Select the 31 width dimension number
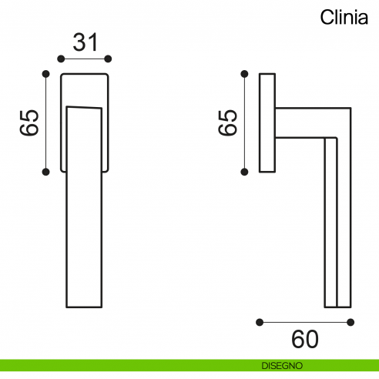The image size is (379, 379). [85, 42]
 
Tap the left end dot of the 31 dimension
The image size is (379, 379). [61, 59]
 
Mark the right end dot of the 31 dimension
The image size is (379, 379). [109, 59]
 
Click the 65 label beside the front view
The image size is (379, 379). [29, 122]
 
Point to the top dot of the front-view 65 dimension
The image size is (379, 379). [46, 74]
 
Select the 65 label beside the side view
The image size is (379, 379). [227, 122]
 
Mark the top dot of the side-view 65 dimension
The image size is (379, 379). [245, 74]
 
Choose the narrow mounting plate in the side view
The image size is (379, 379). [267, 122]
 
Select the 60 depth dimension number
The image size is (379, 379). [305, 338]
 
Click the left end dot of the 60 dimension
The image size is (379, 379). [260, 321]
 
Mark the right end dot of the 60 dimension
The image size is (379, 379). [350, 321]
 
